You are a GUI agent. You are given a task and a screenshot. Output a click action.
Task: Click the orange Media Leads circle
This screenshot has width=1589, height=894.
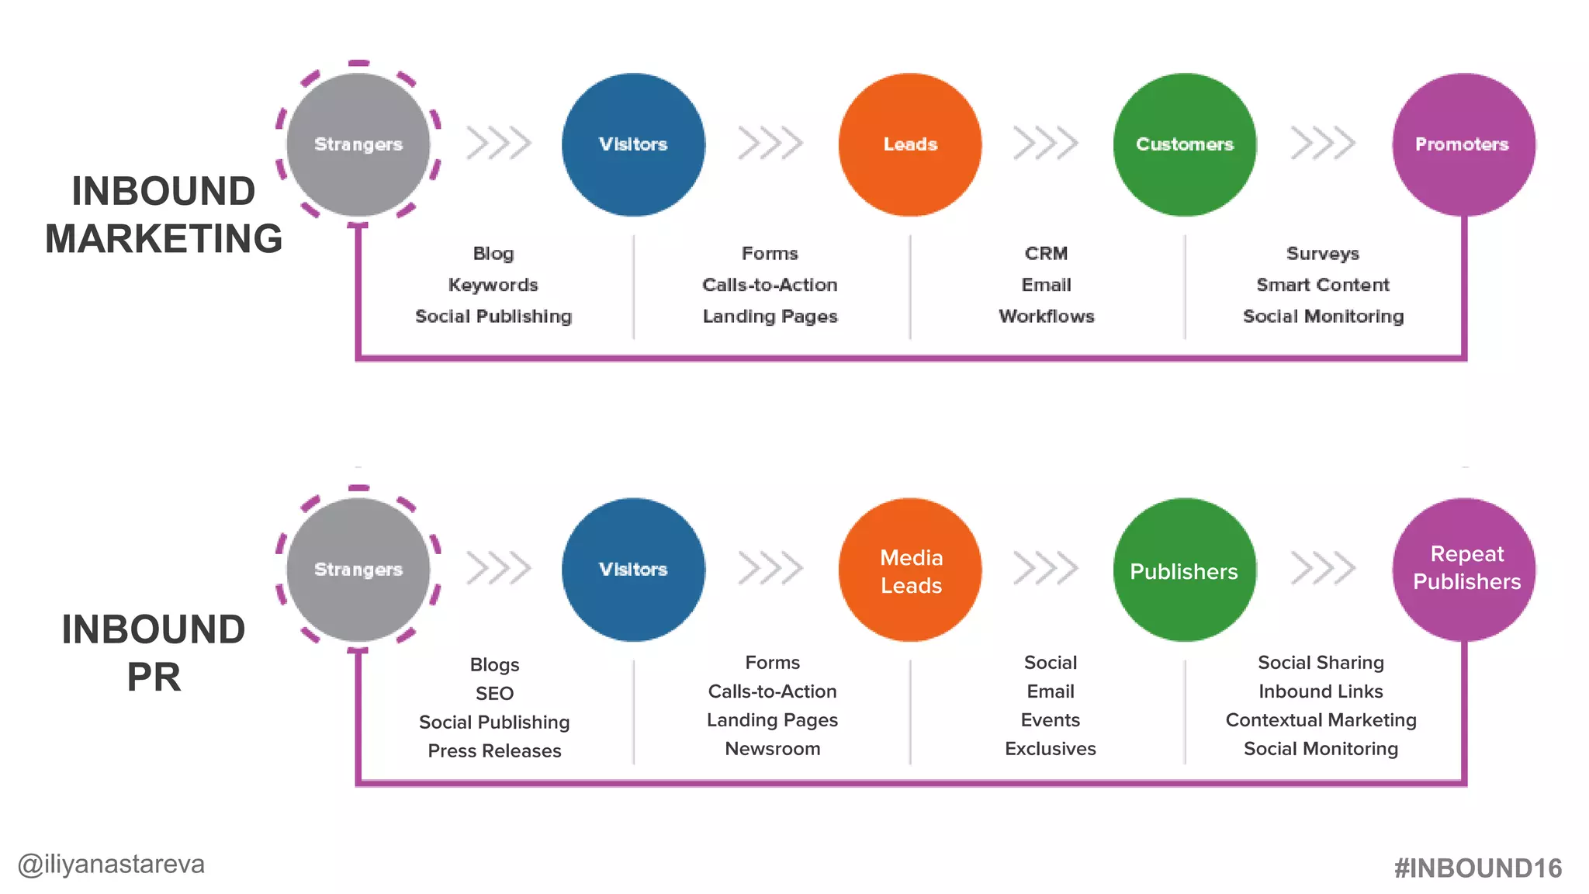tap(910, 570)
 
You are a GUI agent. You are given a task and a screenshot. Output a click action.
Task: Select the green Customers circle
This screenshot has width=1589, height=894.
tap(1184, 144)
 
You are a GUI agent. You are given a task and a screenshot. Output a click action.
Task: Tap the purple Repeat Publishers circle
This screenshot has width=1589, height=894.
tap(1464, 570)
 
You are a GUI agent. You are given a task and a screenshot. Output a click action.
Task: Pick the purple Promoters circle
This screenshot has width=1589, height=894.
tap(1464, 144)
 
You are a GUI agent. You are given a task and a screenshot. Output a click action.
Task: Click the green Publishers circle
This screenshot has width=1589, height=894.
tap(1184, 570)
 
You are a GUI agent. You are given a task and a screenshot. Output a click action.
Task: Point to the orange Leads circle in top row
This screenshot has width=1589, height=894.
tap(910, 144)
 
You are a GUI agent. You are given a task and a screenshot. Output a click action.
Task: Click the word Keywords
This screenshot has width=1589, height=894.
tap(493, 285)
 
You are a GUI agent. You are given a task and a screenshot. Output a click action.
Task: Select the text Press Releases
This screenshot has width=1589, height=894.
tap(494, 750)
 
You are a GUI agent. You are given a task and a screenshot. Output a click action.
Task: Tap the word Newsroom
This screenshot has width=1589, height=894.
tap(772, 749)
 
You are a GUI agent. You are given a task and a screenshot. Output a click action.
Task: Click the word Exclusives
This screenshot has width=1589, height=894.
tap(1050, 749)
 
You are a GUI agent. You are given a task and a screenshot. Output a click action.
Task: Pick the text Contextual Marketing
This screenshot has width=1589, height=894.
tap(1321, 720)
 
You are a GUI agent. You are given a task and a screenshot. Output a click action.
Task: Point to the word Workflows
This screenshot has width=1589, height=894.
tap(1046, 316)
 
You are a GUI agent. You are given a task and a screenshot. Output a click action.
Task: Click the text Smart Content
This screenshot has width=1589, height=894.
tap(1322, 285)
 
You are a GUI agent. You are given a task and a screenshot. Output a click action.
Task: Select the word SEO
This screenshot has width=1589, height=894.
tap(494, 693)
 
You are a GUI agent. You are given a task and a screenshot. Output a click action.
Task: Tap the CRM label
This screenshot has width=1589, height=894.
tap(1046, 253)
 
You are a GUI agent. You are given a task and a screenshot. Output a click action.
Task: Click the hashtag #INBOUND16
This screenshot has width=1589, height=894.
tap(1477, 868)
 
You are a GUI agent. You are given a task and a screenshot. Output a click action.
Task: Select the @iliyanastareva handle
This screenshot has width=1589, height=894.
tap(111, 864)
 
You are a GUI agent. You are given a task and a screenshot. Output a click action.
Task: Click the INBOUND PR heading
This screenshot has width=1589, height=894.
tap(154, 653)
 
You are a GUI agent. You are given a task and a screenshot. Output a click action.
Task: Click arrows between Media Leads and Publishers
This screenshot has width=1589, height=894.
tap(1045, 568)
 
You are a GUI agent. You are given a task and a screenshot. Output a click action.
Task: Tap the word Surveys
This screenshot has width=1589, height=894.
tap(1322, 253)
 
